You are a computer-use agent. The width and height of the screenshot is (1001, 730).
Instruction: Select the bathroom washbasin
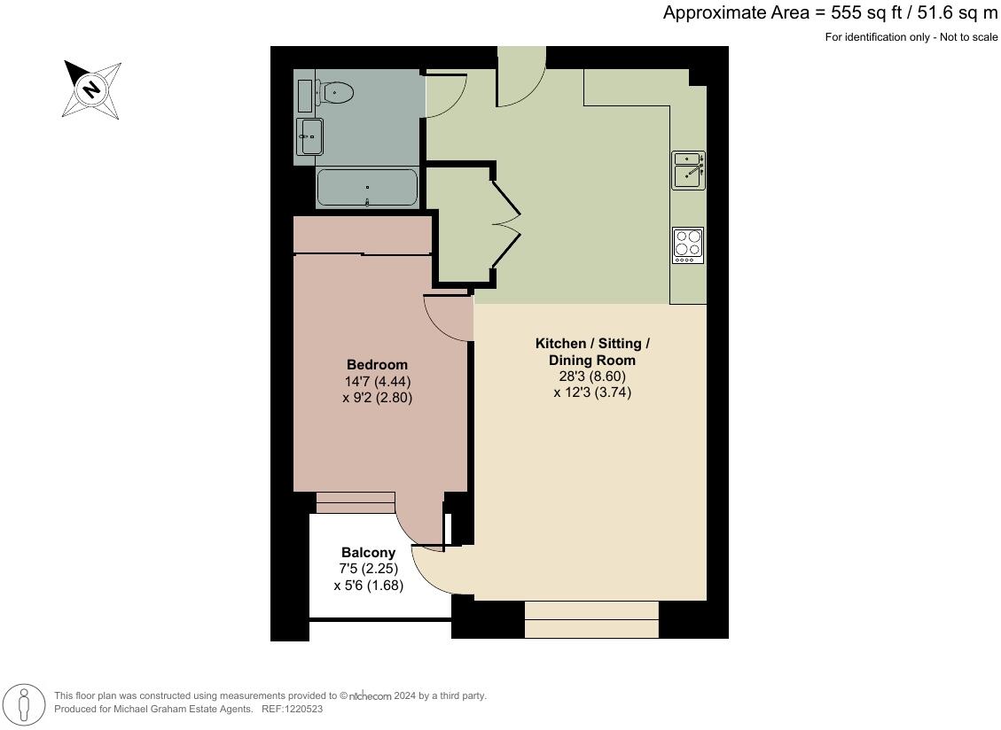coord(311,136)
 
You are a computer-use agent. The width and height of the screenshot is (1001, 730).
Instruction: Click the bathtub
coord(367,188)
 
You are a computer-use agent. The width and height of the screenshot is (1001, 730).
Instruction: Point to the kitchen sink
coord(688,170)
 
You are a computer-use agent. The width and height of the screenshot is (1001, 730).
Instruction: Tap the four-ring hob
coord(688,245)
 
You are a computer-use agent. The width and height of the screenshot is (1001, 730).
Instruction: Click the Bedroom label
coord(377,365)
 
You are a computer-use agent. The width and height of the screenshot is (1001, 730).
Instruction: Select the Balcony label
coord(368,553)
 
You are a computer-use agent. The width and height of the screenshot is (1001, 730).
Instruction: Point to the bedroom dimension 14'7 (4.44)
coord(377,382)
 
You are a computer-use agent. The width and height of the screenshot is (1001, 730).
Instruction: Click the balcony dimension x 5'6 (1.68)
coord(368,586)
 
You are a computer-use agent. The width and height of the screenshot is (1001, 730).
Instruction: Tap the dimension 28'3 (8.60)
coord(592,377)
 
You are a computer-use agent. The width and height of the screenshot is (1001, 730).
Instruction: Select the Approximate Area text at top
coord(830,13)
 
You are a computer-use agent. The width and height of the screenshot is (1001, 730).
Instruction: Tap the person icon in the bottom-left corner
coord(24,706)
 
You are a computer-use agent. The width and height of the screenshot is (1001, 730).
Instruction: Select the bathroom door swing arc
coord(445,96)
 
